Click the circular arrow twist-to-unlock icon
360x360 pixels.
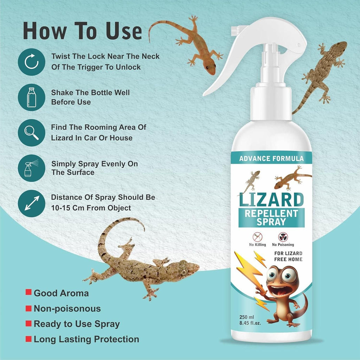[31, 62]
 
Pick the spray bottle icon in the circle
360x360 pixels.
[31, 168]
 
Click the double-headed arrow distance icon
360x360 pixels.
[31, 204]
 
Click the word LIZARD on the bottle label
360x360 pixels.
[271, 199]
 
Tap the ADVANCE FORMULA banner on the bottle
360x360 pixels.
[271, 159]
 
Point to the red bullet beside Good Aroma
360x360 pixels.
[28, 292]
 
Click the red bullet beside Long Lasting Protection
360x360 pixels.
[28, 339]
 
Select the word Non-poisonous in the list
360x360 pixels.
[67, 309]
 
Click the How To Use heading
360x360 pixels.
[82, 31]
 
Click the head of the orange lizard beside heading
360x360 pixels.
[210, 69]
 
